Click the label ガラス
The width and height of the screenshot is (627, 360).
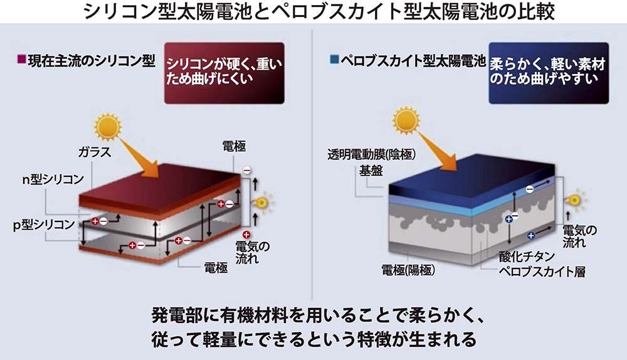94,152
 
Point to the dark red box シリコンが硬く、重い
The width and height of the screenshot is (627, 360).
224,73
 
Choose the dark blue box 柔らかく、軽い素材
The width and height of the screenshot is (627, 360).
548,72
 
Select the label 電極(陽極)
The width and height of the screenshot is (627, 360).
408,270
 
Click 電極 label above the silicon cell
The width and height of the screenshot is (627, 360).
234,146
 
